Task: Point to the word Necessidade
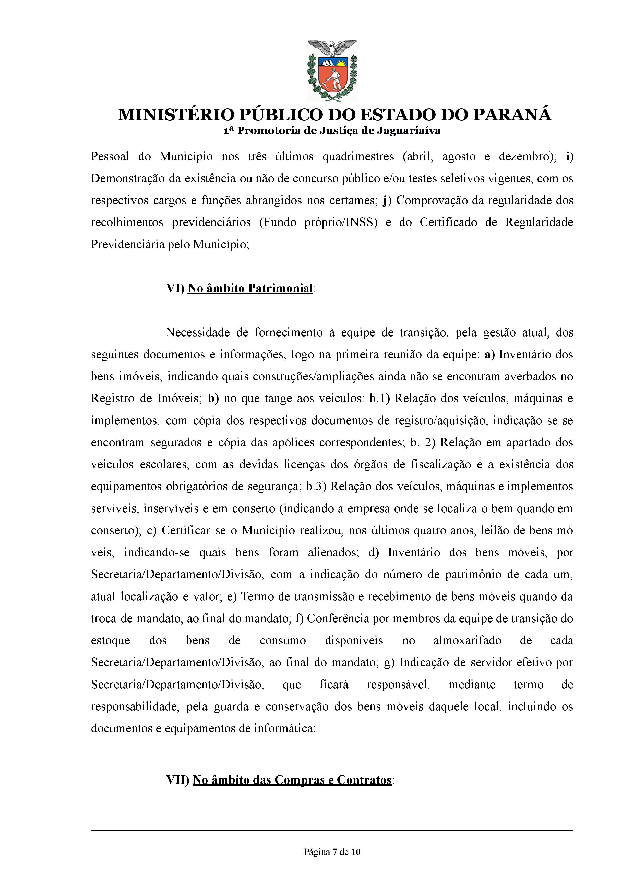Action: click(x=197, y=333)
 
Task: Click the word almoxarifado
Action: click(x=467, y=641)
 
